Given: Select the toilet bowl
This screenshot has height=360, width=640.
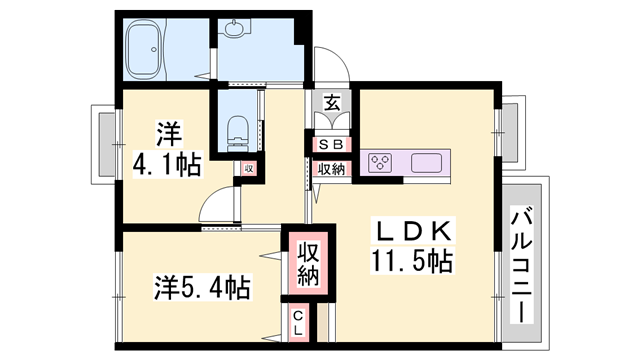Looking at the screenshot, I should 237,127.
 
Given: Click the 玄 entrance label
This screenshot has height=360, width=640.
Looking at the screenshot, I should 330,101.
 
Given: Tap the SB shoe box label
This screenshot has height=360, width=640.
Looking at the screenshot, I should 330,144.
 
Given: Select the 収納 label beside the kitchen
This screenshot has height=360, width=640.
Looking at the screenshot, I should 331,169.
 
